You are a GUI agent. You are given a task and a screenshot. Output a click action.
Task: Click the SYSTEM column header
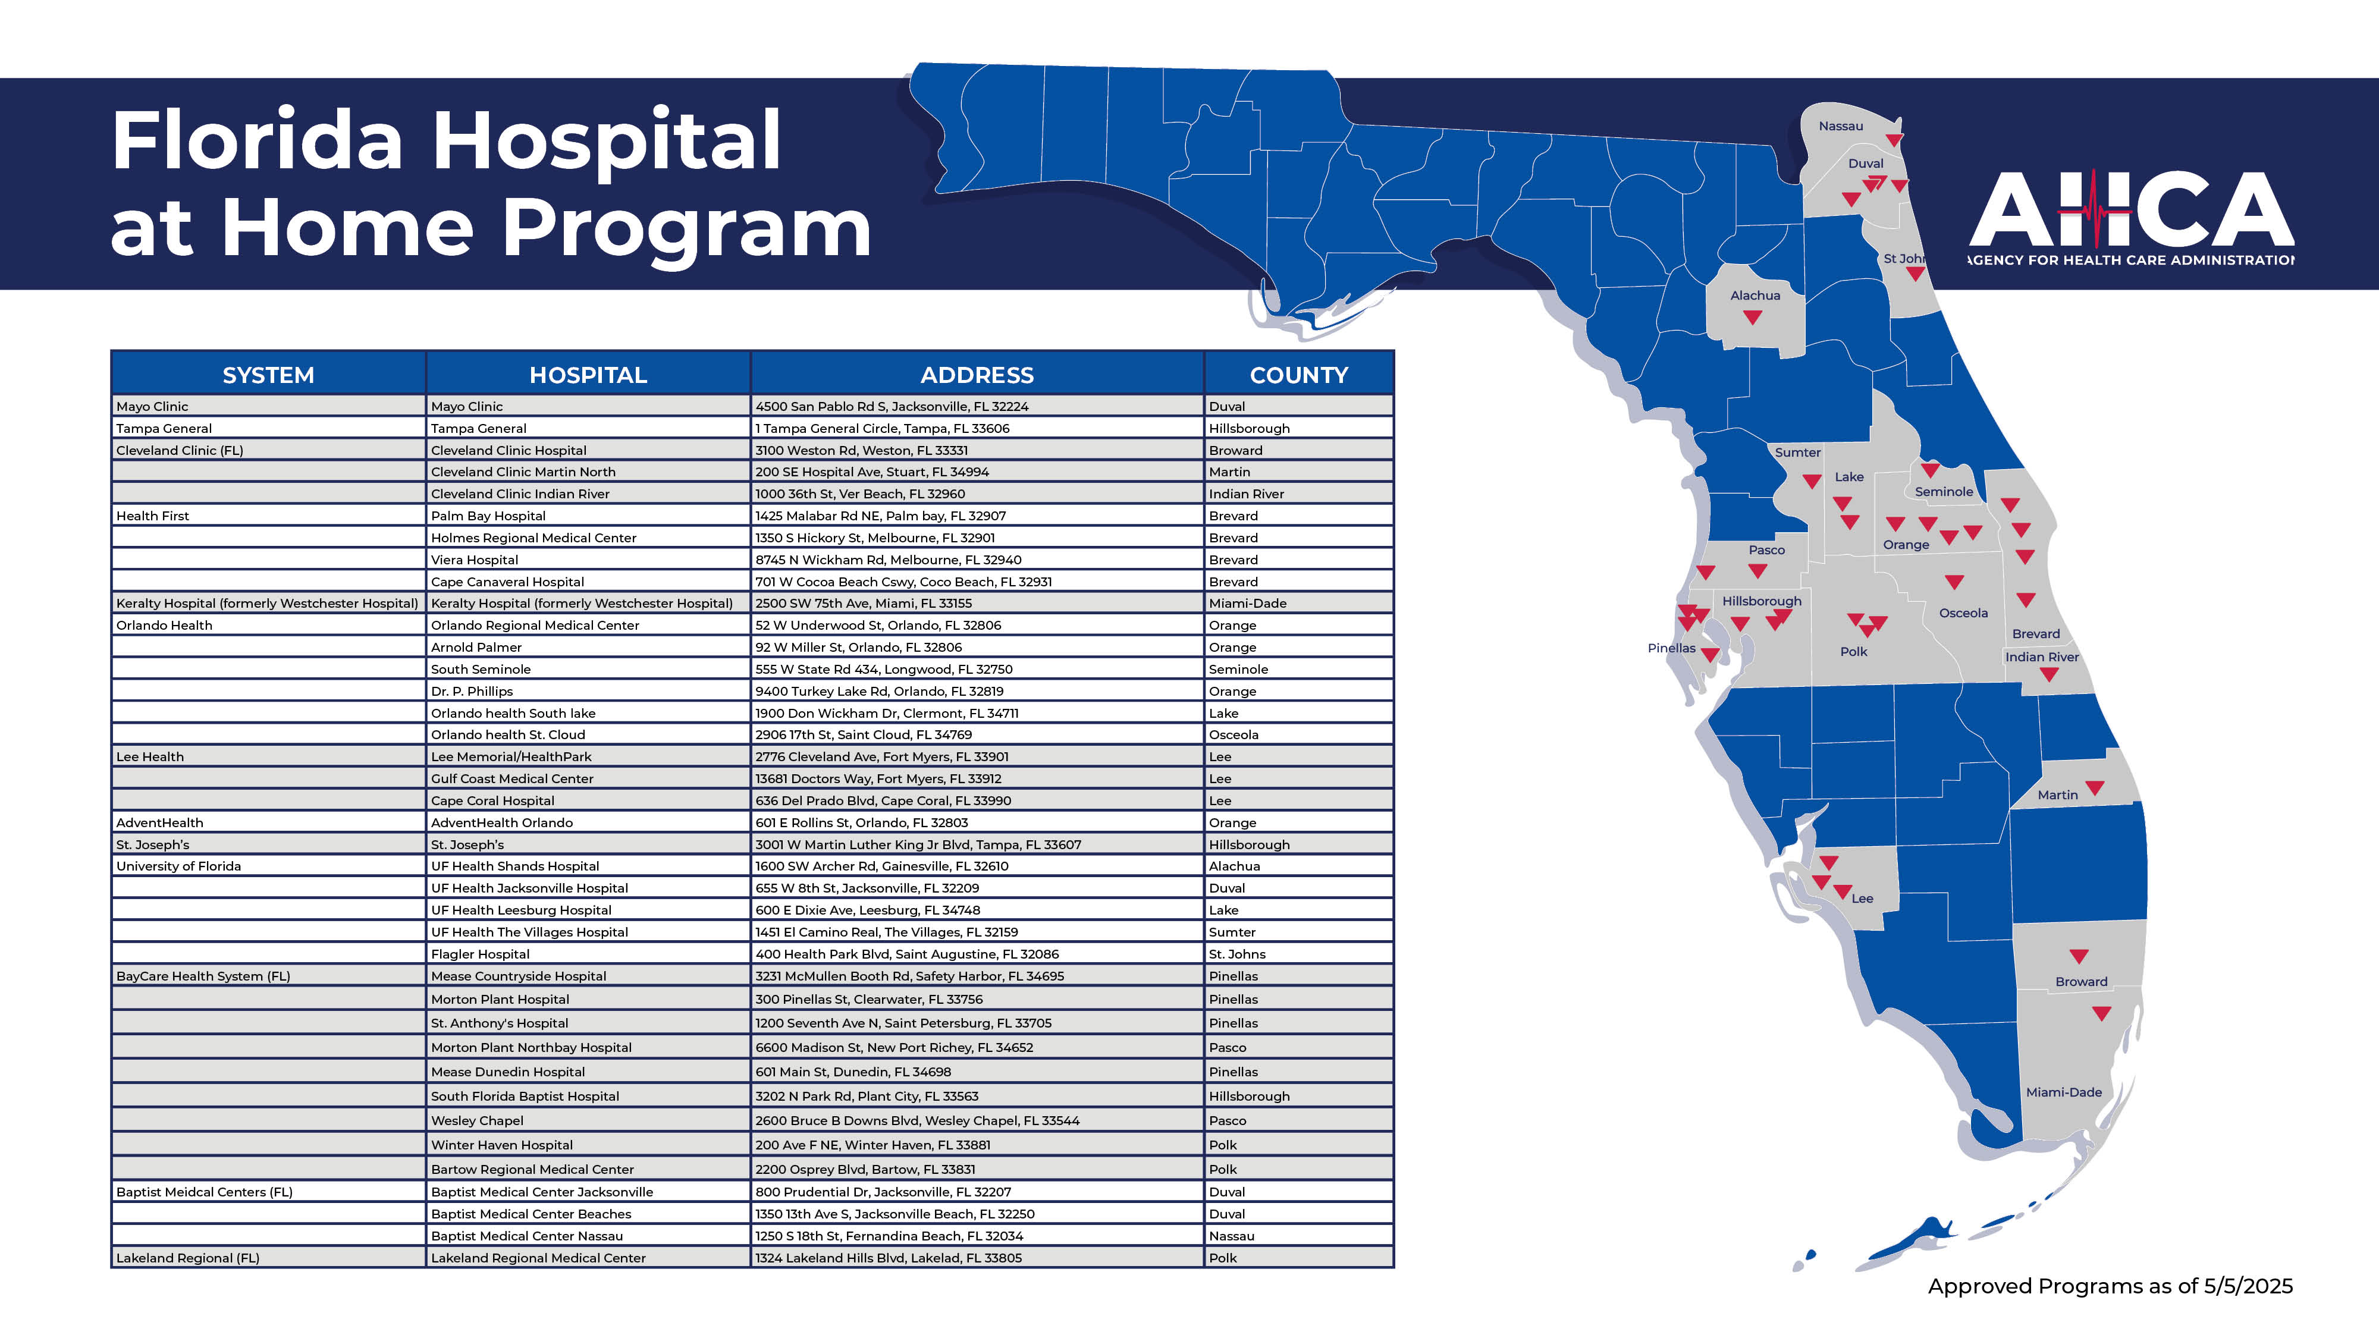coord(268,375)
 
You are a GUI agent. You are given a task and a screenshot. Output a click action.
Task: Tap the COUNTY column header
coord(1298,375)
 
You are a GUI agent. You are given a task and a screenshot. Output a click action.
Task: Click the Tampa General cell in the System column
coord(164,428)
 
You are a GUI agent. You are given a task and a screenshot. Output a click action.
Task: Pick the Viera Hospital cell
coord(475,560)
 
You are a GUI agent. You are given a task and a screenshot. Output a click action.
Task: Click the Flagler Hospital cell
coord(480,954)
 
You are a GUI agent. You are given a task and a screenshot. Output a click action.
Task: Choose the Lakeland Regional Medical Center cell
coord(538,1258)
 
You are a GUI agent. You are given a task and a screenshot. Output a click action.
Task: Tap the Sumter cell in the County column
coord(1232,932)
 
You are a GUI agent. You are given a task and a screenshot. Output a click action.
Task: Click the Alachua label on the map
coord(1755,296)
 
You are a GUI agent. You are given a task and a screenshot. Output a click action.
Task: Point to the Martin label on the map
coord(2058,795)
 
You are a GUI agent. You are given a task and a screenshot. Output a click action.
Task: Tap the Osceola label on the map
coord(1963,613)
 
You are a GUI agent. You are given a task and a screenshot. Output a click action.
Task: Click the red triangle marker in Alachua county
coord(1752,318)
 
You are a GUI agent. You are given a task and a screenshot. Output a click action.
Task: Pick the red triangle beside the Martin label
coord(2095,788)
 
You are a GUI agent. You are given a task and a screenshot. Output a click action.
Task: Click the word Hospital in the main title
coord(606,142)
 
